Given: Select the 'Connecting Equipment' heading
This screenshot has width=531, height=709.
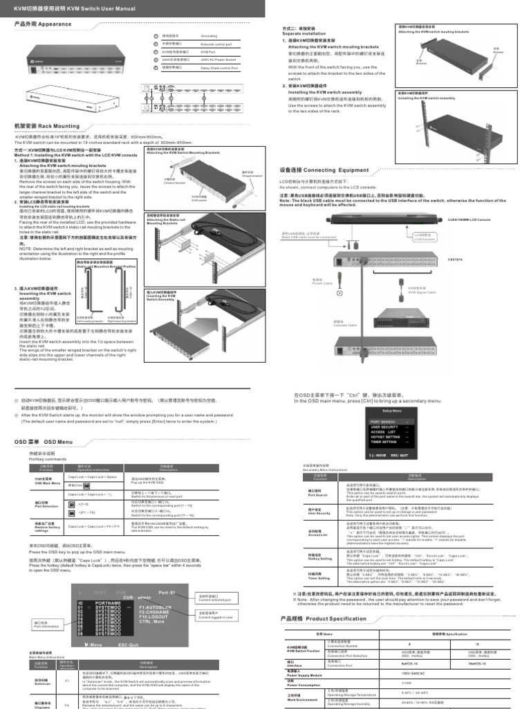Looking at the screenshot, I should pos(324,170).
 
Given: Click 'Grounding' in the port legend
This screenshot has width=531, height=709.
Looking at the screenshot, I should pos(209,35).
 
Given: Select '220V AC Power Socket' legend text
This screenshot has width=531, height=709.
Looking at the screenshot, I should pos(217,60).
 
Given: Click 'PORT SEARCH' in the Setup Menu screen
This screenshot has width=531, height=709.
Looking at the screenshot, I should pos(384,421).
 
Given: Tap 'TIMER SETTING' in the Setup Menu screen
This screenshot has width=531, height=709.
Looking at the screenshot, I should pos(385,441).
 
